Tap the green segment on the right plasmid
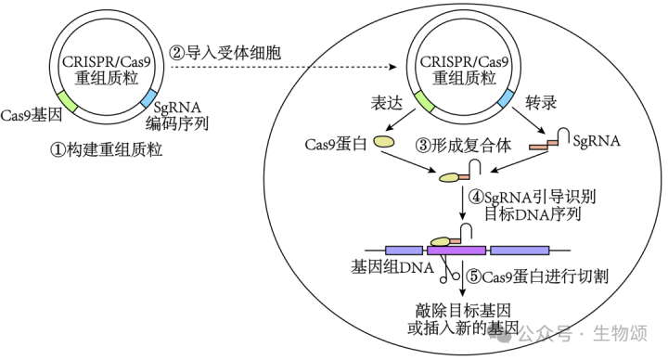click(x=424, y=99)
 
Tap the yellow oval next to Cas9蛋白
click(x=384, y=146)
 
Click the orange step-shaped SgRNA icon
click(x=543, y=144)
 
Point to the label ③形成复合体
click(x=458, y=145)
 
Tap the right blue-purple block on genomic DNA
click(x=519, y=250)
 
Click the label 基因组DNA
click(x=387, y=268)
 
